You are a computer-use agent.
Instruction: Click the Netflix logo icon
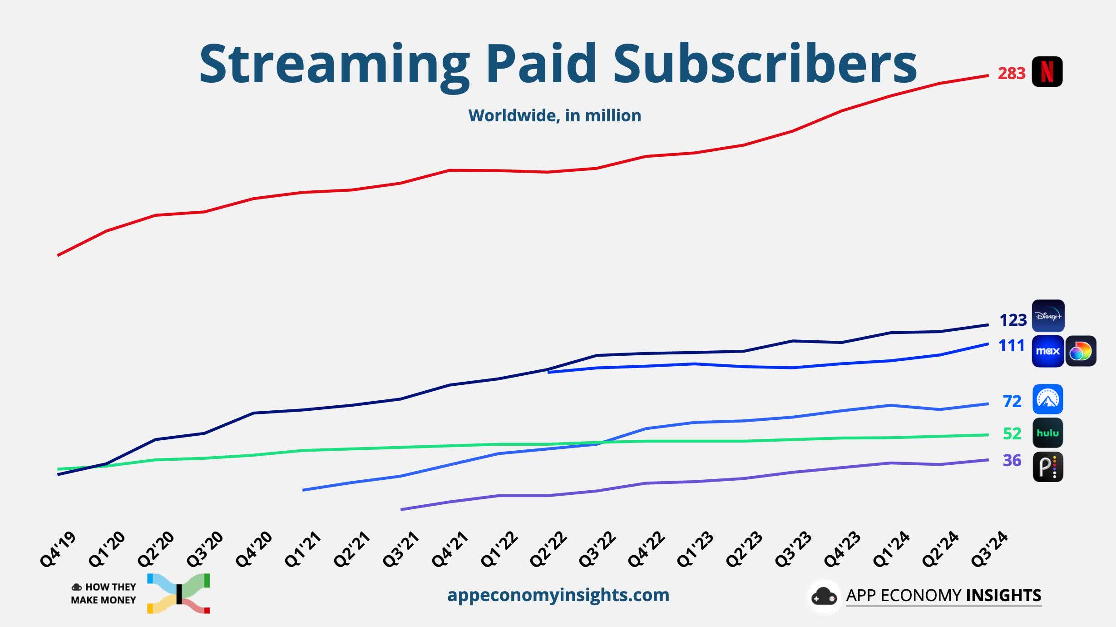click(1047, 72)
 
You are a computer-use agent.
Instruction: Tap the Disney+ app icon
click(1048, 316)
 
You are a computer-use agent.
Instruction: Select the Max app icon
click(1047, 351)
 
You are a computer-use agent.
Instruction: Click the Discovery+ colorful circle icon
click(1081, 351)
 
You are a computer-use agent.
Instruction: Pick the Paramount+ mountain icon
click(1047, 399)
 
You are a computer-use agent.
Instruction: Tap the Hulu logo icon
click(1047, 433)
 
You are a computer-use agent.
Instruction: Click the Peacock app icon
click(1047, 467)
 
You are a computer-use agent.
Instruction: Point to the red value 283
click(1011, 74)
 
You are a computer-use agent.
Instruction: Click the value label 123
click(1012, 320)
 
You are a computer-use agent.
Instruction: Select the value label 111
click(1011, 346)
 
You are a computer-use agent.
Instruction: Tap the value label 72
click(1012, 402)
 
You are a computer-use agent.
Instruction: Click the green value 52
click(1012, 434)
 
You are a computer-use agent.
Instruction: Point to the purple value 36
click(1012, 461)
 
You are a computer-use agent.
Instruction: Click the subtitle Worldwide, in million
click(554, 116)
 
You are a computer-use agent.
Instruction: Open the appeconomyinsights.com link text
click(558, 595)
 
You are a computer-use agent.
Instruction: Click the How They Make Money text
click(104, 593)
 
